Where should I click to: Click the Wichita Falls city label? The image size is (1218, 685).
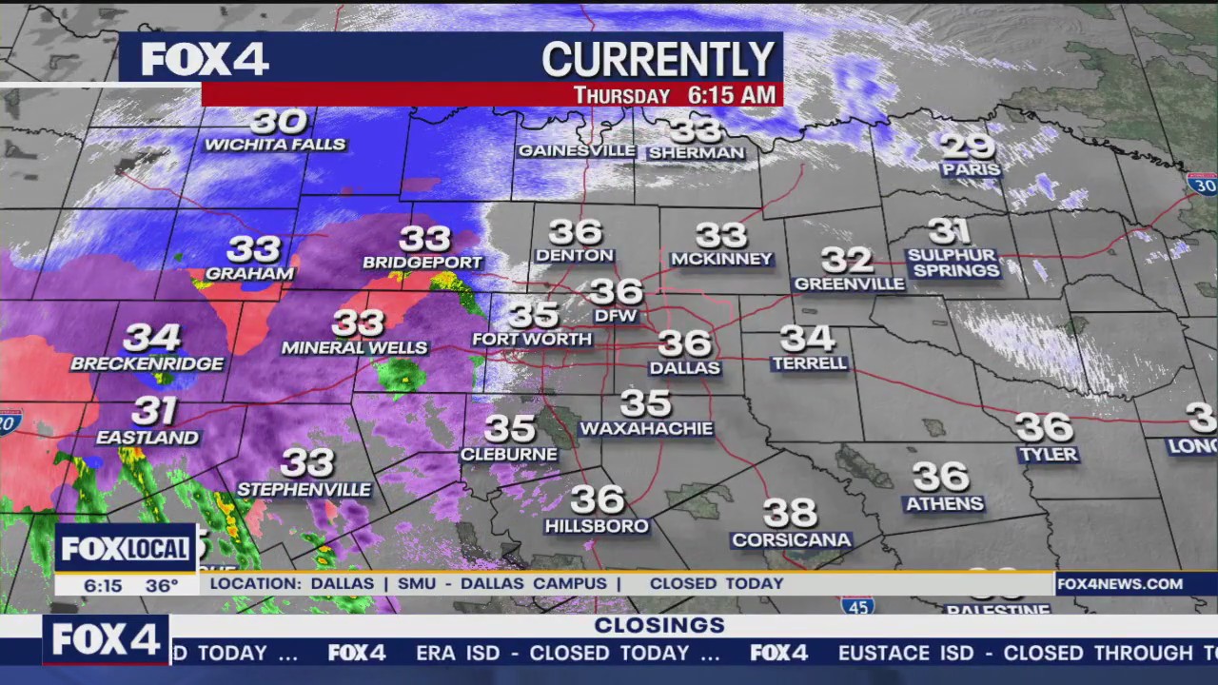(x=275, y=145)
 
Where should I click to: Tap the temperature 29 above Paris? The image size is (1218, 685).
(x=968, y=146)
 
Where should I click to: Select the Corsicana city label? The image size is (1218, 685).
(x=791, y=540)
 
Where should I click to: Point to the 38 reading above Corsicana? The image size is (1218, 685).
(x=790, y=514)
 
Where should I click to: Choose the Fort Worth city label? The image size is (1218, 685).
(x=532, y=339)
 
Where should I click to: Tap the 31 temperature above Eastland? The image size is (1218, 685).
(x=154, y=411)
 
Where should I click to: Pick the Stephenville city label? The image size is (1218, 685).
(x=304, y=489)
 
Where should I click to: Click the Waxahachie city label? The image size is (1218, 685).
(x=646, y=429)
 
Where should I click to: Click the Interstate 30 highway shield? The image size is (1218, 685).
(x=1202, y=184)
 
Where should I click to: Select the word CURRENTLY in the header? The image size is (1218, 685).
(x=658, y=59)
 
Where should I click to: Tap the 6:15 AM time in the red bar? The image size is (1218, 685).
(x=731, y=95)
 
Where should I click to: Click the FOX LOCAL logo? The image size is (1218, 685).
(x=125, y=549)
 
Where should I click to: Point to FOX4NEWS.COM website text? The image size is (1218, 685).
(x=1119, y=584)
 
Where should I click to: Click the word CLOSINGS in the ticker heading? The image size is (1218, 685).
(x=659, y=625)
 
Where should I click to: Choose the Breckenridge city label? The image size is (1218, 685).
(x=147, y=363)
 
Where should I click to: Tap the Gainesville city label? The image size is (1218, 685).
(x=576, y=150)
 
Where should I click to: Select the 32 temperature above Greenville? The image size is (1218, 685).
(x=847, y=259)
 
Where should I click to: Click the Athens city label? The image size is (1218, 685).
(x=944, y=503)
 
